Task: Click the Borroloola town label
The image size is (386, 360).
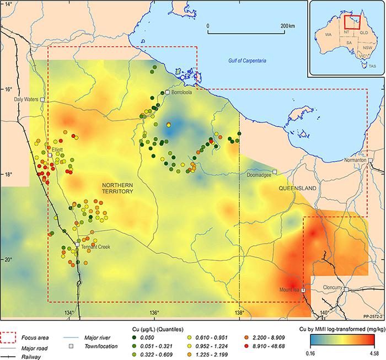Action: [181, 93]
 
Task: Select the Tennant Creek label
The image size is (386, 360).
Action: [95, 246]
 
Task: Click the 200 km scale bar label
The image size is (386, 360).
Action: [287, 25]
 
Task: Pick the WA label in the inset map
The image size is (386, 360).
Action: [329, 34]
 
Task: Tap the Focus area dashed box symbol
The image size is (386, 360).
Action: [10, 336]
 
